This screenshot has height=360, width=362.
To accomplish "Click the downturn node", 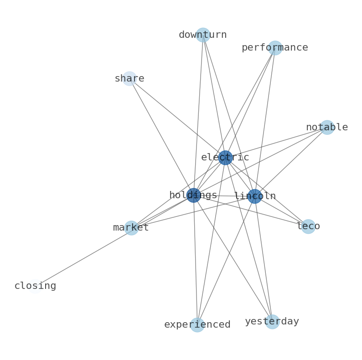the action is point(203,35).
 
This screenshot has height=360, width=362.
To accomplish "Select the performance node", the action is point(275,48).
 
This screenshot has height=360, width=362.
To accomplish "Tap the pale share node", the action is point(129,79).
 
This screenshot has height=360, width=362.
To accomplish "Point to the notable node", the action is point(327,128).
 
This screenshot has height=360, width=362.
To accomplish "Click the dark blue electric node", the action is point(225,158).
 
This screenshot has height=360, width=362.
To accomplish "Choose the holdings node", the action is point(193,195).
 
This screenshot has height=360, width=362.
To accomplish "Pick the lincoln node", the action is point(255,196).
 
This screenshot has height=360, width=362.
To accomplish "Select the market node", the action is point(131,228).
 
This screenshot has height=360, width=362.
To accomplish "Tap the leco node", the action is point(308,226).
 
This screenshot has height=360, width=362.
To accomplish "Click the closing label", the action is point(35,286).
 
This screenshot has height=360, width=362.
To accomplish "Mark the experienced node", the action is point(197,325).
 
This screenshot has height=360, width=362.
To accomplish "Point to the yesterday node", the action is point(273,322).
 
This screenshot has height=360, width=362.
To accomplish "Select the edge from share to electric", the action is point(177,118).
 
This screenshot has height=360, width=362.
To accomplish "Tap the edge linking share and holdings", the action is point(161,137).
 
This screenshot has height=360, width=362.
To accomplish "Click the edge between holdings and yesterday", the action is point(233,258).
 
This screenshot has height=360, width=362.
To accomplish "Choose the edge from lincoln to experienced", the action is point(226,261).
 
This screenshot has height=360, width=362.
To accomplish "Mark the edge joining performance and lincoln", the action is point(265,122).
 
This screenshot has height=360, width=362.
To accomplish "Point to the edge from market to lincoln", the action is point(193,212).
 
